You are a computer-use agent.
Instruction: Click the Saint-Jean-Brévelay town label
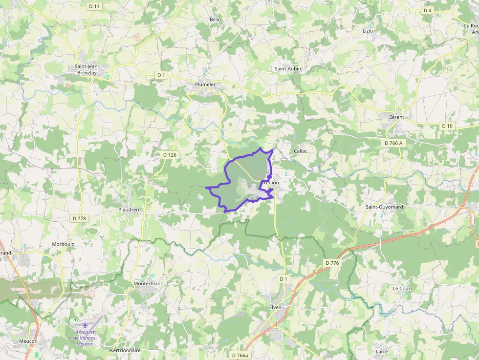point(87,69)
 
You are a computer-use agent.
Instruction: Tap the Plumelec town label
point(206,85)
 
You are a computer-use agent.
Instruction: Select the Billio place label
point(216,20)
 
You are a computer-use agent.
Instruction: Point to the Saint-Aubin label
point(287,69)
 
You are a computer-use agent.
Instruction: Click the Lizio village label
point(368,31)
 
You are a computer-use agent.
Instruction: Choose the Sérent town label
point(396,118)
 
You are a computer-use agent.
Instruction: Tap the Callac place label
point(301,151)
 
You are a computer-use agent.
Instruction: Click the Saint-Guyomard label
point(384,207)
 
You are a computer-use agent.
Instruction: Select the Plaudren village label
point(129,210)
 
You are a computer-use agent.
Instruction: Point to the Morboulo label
point(63,244)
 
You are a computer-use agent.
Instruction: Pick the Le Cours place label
point(403,289)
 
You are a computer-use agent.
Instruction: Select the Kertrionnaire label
point(126,350)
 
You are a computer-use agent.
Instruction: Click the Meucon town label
point(28,341)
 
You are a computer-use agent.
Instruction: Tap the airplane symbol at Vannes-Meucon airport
point(86,325)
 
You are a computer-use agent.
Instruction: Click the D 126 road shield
point(169,155)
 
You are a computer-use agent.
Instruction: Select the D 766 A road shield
point(393,143)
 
